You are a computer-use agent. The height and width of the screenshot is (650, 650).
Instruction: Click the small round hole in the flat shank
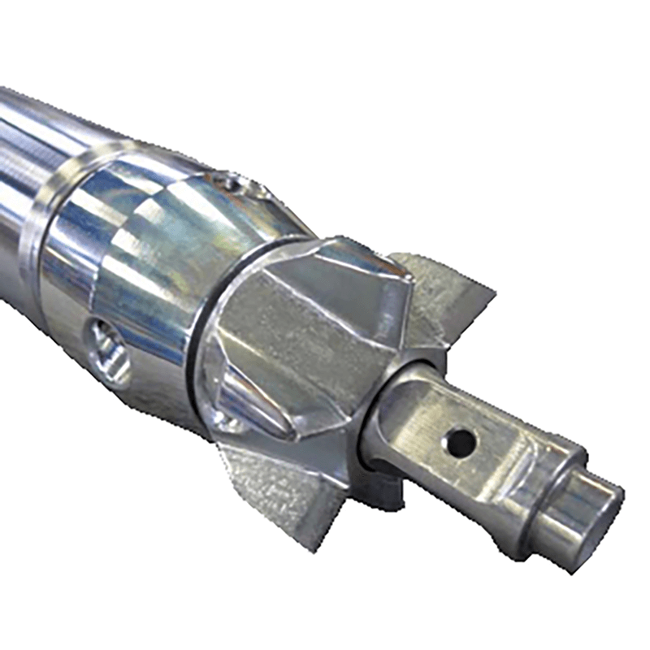coord(461,442)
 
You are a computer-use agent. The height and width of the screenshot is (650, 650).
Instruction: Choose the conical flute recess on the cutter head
coord(244,398)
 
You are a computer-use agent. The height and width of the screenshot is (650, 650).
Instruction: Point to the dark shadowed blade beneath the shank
coord(382,487)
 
